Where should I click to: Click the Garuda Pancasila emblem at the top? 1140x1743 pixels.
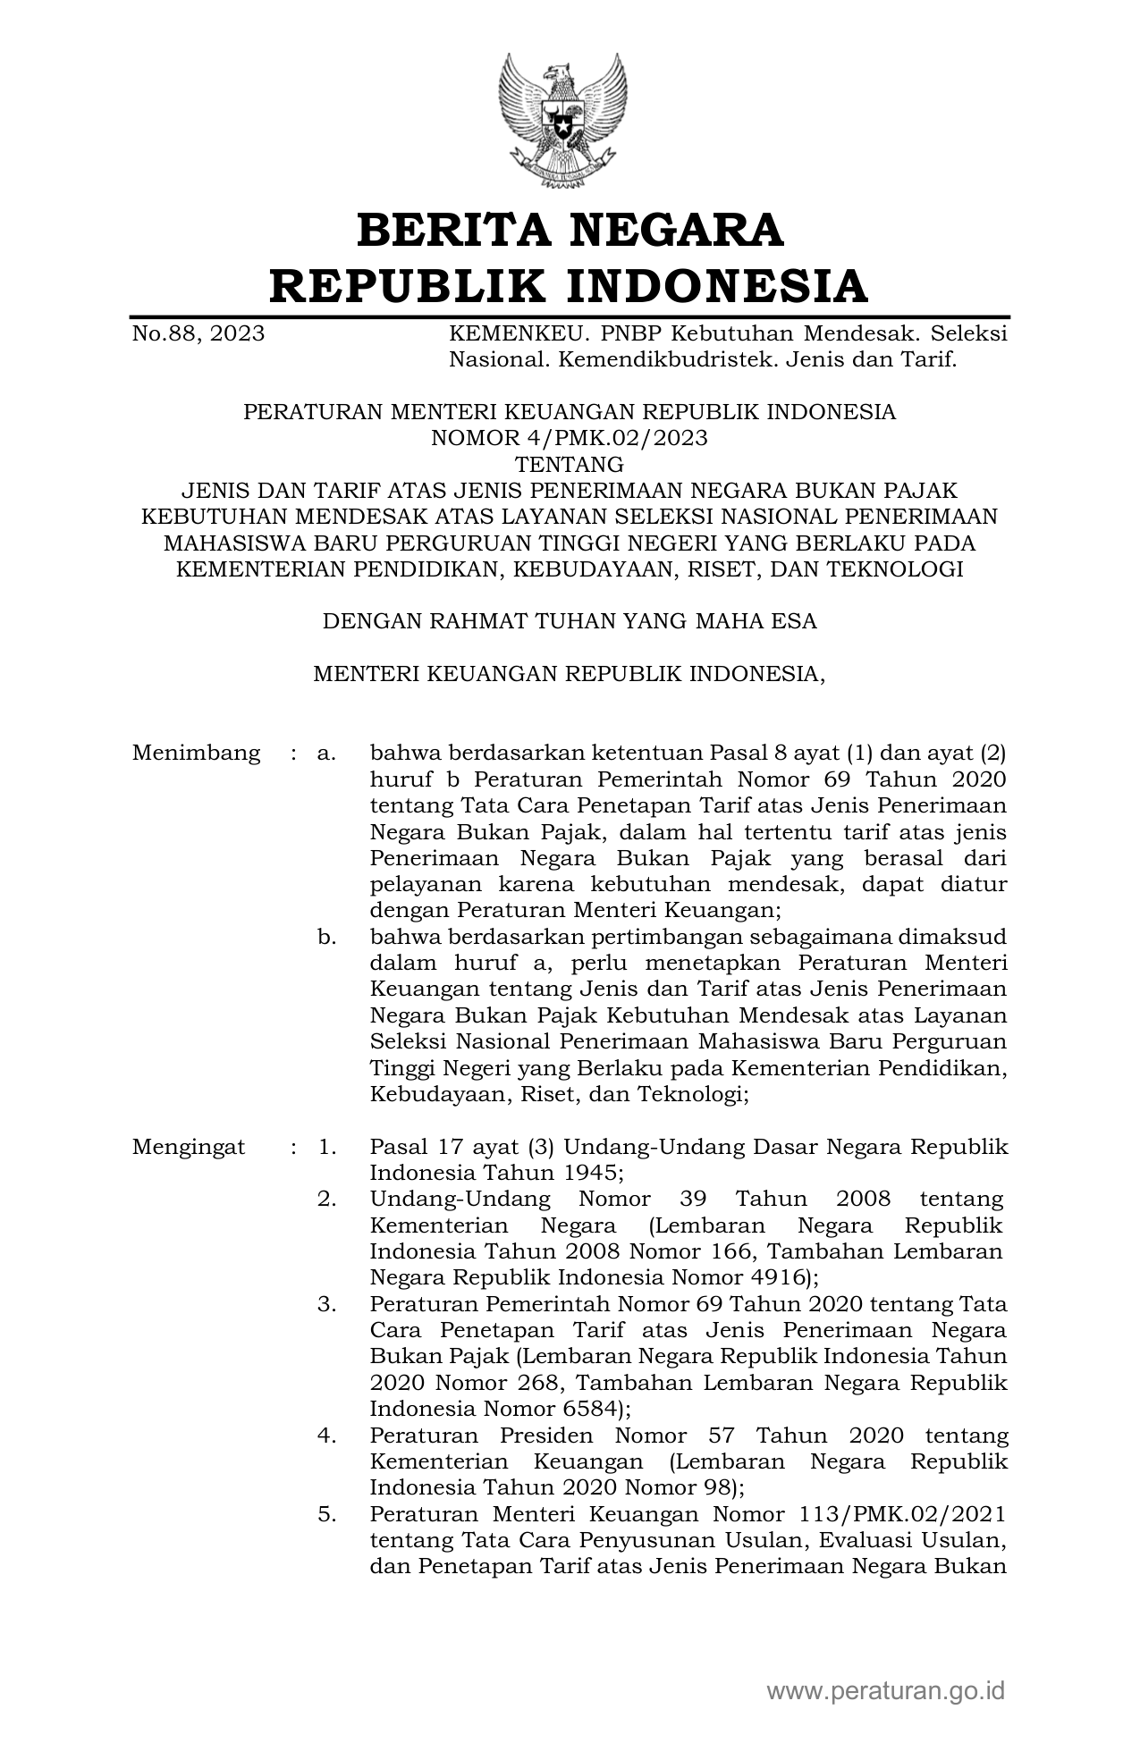click(562, 120)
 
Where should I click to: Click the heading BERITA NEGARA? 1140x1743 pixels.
click(570, 230)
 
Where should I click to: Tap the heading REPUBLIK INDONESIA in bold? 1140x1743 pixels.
click(570, 286)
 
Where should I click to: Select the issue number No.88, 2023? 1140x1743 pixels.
click(198, 334)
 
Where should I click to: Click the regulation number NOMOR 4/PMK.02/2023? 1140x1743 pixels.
click(570, 438)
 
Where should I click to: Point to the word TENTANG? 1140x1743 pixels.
click(570, 465)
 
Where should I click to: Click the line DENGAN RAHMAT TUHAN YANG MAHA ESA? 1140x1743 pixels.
click(570, 621)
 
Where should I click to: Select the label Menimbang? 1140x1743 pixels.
click(196, 754)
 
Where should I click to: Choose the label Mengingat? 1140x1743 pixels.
click(189, 1148)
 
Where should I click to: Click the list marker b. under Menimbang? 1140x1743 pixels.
click(326, 938)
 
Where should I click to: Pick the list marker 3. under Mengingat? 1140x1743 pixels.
click(326, 1305)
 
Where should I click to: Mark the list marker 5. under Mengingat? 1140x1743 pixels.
click(326, 1515)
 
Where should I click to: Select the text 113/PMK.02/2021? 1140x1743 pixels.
click(897, 1515)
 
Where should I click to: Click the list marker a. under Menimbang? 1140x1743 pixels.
click(326, 754)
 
